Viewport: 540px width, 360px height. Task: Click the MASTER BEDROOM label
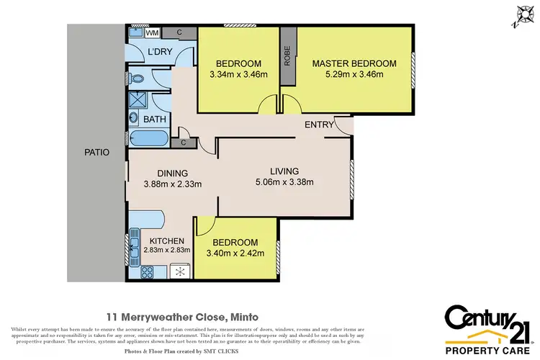(354, 64)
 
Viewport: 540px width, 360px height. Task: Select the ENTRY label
(318, 125)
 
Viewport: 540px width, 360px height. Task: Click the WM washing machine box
(153, 32)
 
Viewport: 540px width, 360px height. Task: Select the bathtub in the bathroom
(148, 138)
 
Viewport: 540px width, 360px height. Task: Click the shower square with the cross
(137, 100)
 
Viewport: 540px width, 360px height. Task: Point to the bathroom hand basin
(134, 118)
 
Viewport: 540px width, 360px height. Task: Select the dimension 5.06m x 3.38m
(284, 182)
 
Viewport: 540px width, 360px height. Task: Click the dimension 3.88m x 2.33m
(173, 184)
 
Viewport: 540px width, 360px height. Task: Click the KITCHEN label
(167, 240)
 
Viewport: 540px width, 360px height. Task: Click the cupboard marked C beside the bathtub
(184, 142)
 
